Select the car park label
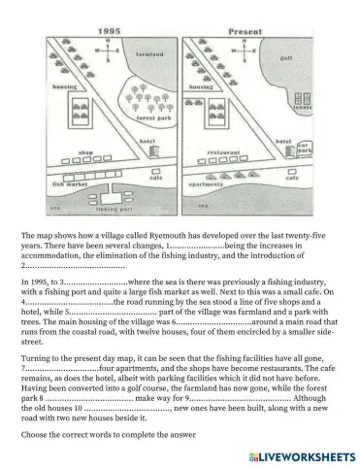tap(304, 150)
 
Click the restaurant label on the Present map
tap(225, 152)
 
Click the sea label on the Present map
tap(201, 206)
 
